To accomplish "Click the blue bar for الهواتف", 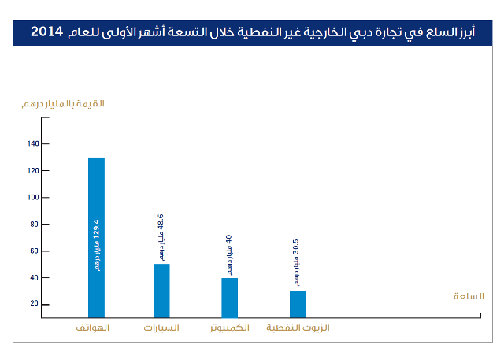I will point(96,236).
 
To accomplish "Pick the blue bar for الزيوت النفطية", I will point(298,303).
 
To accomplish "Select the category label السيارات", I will point(161,327).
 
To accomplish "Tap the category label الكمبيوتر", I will point(229,327).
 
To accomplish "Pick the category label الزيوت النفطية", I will point(297,327).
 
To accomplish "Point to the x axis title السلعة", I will point(469,296).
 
